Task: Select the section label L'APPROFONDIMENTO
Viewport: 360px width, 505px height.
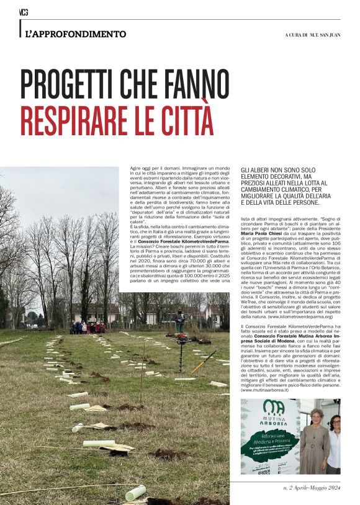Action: [76, 34]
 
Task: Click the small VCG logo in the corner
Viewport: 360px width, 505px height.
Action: [24, 12]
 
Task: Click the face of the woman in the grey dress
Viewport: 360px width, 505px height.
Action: [317, 415]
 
